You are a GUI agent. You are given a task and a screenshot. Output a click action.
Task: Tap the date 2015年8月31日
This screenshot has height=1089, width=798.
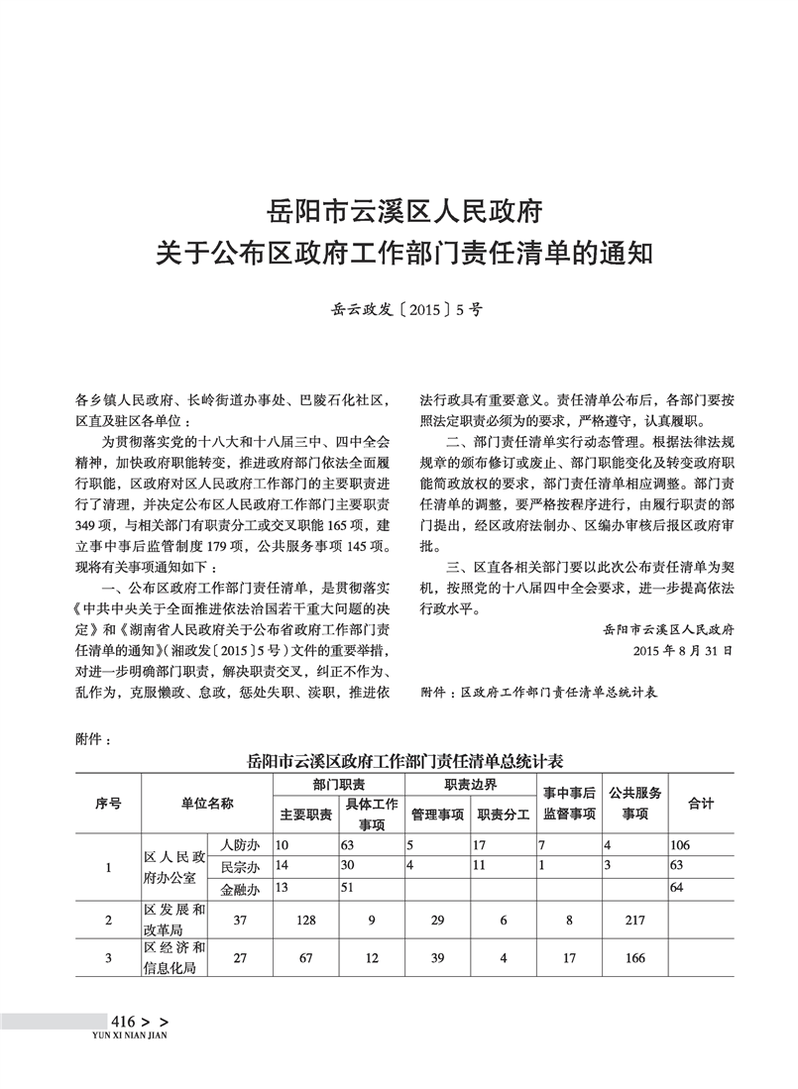point(683,651)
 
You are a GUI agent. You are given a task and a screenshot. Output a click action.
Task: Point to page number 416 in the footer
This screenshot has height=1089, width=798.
point(123,1022)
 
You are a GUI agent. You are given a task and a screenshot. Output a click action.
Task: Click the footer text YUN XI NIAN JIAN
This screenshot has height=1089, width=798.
point(128,1035)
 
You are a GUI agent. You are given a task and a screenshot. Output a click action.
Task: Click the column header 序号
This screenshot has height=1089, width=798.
point(108,804)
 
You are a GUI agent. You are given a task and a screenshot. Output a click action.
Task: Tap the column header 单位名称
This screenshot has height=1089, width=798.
point(207,804)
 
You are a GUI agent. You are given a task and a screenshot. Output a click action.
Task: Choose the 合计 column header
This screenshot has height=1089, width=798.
point(701,804)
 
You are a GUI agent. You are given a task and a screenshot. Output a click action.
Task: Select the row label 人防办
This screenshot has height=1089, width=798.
point(240,845)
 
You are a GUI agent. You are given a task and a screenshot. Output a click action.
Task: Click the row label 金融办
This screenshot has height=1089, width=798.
point(240,888)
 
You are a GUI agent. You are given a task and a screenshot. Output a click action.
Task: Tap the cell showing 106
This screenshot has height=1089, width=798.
point(680,845)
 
